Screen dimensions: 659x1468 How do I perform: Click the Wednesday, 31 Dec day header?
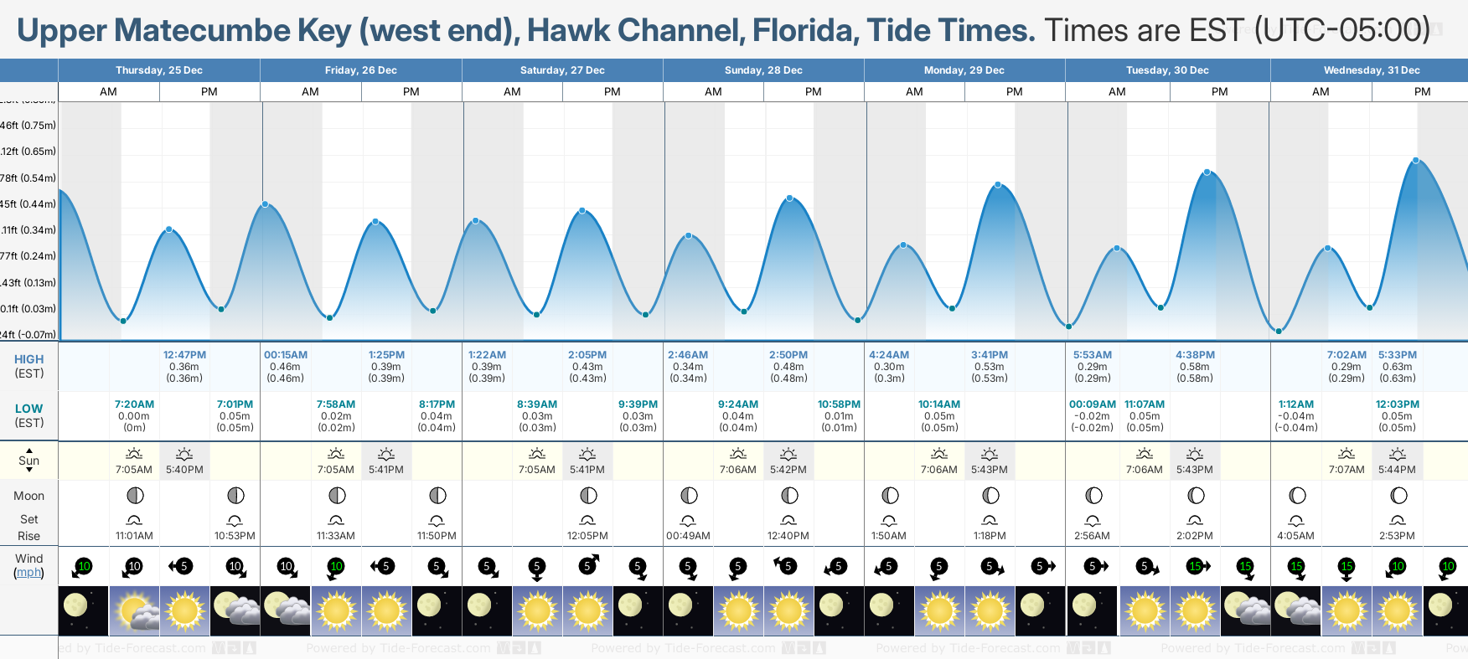click(1371, 70)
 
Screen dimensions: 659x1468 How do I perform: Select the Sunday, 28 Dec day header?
click(763, 70)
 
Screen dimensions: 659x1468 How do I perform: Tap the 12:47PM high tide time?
click(184, 355)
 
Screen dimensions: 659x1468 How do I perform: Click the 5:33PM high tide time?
click(1397, 355)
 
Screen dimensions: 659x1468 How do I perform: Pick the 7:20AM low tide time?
click(134, 404)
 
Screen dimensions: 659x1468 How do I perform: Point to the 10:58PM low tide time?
click(839, 404)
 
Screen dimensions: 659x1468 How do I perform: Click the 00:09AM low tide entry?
click(1093, 404)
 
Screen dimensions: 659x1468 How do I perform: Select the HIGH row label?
click(28, 359)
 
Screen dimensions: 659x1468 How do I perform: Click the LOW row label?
click(28, 409)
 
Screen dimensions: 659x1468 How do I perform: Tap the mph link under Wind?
click(28, 573)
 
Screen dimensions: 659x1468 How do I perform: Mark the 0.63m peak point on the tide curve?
click(1416, 160)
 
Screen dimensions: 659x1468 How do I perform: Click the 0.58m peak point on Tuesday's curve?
click(1207, 172)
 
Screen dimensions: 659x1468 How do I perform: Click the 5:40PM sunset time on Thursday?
click(184, 470)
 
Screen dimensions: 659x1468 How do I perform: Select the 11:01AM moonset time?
click(134, 536)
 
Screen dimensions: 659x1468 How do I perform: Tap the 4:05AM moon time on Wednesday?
click(1296, 536)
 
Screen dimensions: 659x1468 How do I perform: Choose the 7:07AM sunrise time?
click(1347, 470)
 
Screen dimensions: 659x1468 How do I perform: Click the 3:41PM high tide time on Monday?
click(990, 355)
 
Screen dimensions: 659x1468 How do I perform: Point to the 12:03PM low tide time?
click(1397, 404)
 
